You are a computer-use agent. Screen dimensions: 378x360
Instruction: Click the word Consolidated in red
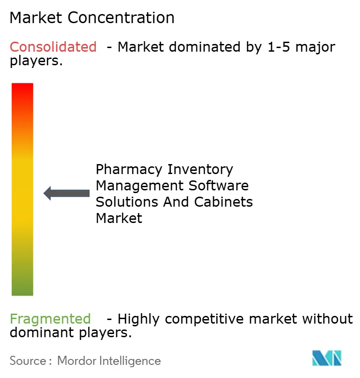click(53, 47)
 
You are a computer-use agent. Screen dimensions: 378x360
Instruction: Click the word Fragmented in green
click(50, 319)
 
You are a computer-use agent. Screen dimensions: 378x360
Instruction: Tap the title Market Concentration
click(92, 18)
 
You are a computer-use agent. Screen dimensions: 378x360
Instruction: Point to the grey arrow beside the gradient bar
click(66, 193)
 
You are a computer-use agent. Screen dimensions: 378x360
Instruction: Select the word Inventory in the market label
click(200, 170)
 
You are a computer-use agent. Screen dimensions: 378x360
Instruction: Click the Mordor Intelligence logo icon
click(327, 358)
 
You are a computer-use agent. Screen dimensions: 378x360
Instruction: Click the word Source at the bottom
click(28, 361)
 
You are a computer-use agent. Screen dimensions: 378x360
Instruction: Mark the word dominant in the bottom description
click(39, 333)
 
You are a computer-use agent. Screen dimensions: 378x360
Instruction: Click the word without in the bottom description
click(327, 319)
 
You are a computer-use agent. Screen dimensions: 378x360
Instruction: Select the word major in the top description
click(316, 47)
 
